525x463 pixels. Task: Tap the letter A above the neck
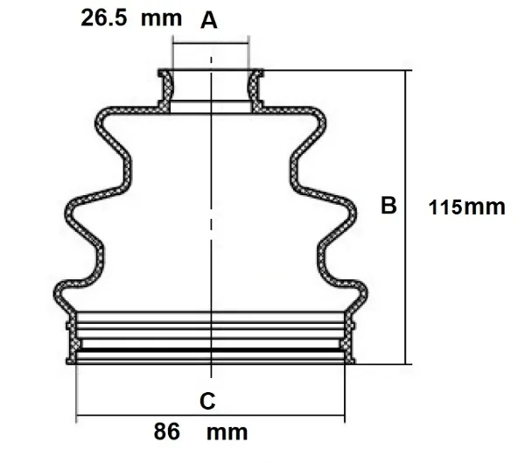(208, 21)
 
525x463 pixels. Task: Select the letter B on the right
(389, 206)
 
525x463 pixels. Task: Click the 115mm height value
(467, 207)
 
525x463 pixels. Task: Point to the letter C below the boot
(207, 402)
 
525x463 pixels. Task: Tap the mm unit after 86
(227, 431)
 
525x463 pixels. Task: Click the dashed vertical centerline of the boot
(211, 219)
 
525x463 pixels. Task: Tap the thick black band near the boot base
(210, 349)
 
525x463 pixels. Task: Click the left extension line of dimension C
(77, 389)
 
